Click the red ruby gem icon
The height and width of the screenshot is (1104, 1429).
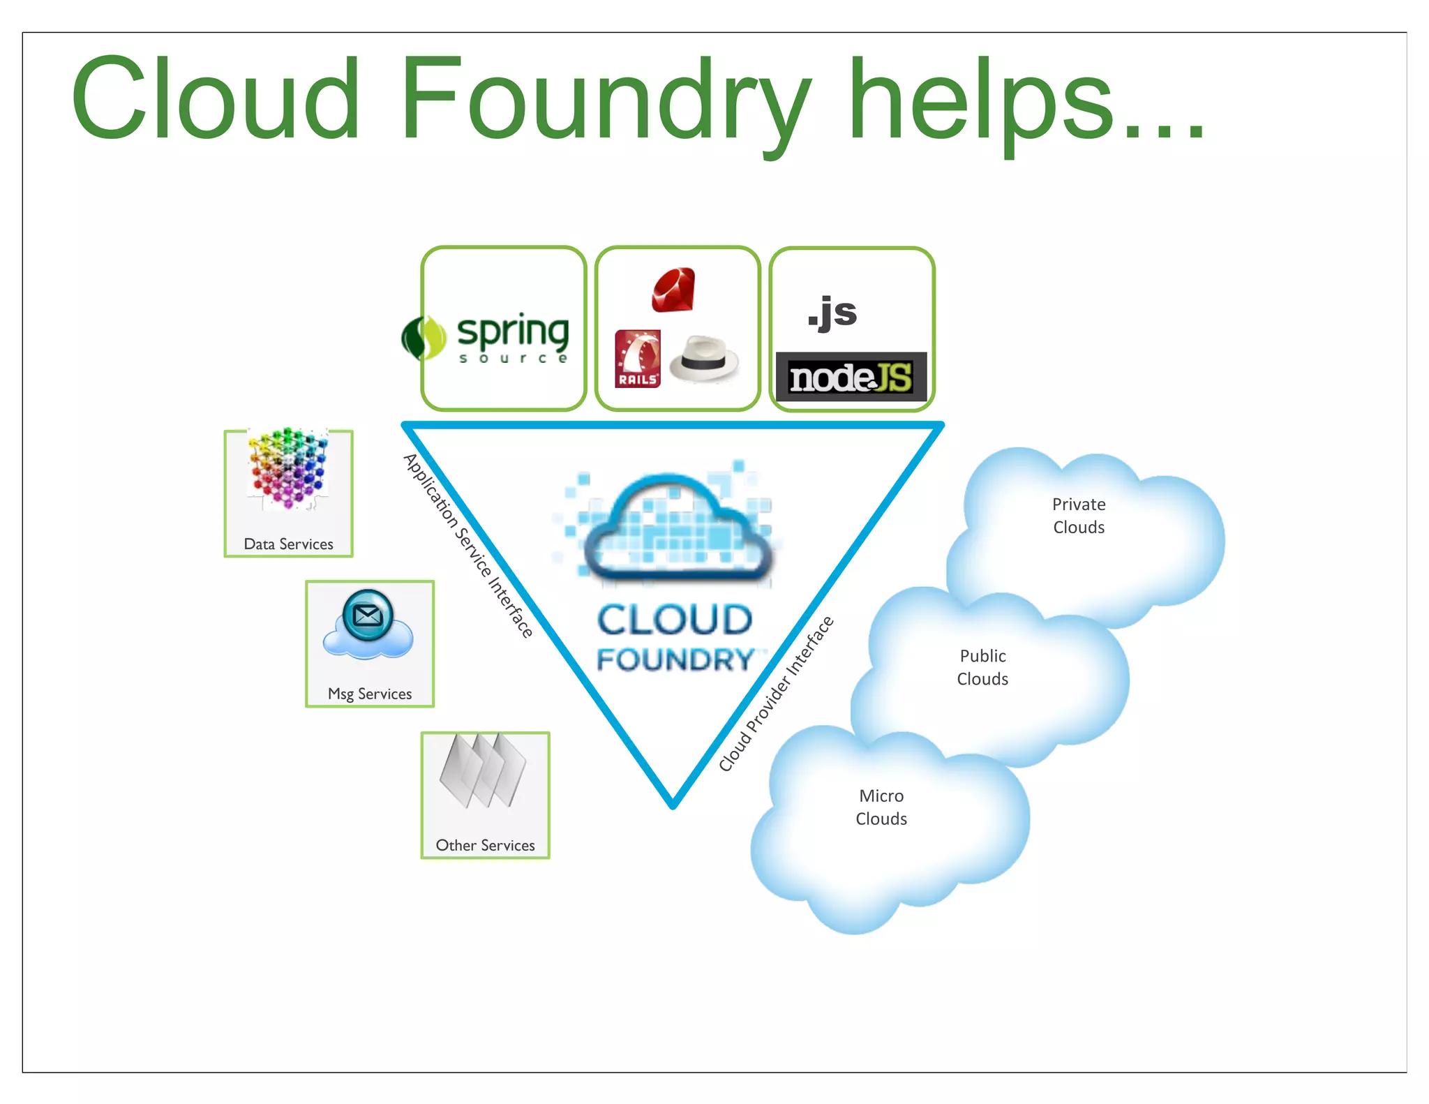[673, 289]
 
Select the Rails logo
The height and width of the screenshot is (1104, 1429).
[637, 359]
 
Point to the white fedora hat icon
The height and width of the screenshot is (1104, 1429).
[703, 359]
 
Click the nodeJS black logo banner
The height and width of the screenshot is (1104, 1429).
[851, 377]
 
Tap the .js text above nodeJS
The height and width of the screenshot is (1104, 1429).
[832, 312]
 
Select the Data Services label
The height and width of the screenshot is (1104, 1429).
[288, 544]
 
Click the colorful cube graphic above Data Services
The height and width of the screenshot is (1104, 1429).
[289, 468]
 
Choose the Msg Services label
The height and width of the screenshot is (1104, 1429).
[370, 694]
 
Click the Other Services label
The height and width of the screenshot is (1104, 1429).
[485, 845]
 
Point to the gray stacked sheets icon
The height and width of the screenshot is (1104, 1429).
[483, 771]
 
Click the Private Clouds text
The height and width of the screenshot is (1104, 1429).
[1079, 516]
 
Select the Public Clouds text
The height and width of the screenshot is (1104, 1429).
[982, 667]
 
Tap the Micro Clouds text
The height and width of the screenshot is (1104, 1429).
[881, 807]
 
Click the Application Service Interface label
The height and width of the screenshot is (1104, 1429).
[468, 545]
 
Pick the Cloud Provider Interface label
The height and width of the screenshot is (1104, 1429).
[776, 694]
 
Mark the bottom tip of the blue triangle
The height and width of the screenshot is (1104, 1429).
[673, 805]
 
